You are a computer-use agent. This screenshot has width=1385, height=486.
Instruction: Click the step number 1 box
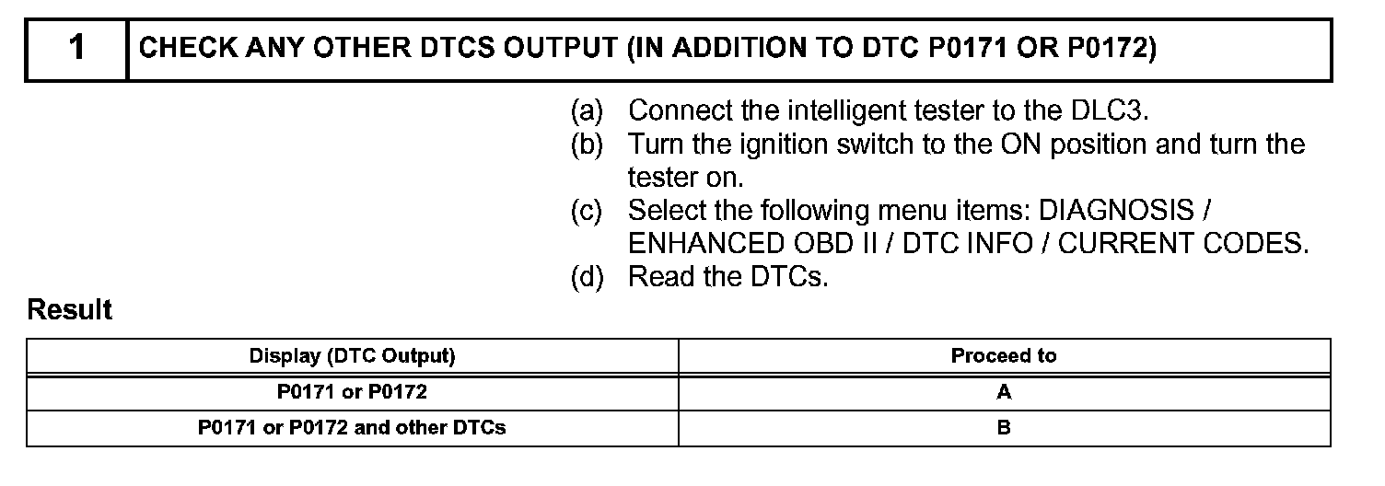77,49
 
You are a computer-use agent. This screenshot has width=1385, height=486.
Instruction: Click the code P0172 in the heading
1111,49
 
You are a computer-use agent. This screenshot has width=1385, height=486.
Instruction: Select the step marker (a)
587,111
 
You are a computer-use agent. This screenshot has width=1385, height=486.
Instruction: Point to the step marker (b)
587,145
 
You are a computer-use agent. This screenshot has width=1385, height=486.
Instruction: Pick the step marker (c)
587,211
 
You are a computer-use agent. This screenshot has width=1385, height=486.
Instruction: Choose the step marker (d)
587,277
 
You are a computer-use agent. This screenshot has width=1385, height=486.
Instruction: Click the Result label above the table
70,311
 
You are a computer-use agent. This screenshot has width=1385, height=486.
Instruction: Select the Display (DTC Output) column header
353,356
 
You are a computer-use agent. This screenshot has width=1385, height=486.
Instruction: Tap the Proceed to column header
1004,356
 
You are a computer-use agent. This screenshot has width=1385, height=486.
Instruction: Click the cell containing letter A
1004,392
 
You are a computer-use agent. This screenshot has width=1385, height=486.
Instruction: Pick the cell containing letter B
1004,428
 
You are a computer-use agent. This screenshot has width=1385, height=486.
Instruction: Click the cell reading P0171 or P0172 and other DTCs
353,428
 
